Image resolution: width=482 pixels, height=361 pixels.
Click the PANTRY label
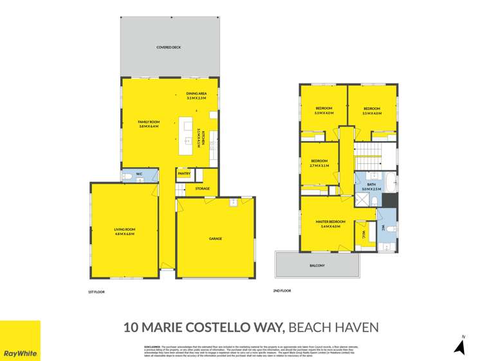click(x=183, y=173)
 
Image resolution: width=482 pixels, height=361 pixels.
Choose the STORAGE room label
click(x=202, y=188)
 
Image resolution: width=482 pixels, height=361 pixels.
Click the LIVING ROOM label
click(x=124, y=231)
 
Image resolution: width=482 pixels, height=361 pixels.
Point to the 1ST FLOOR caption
click(x=96, y=292)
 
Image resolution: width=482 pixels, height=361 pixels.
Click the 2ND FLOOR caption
click(x=282, y=291)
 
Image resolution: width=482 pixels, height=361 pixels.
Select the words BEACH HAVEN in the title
click(x=334, y=328)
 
